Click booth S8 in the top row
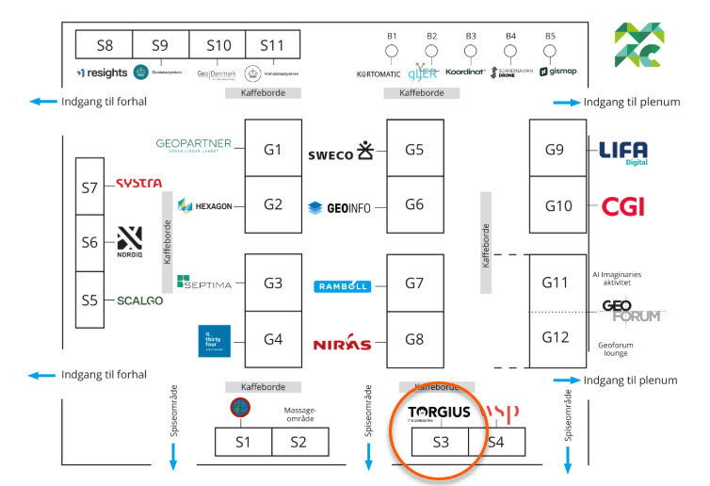(x=104, y=44)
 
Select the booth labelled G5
(x=414, y=149)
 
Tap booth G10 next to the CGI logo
(x=557, y=206)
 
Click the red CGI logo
(x=622, y=206)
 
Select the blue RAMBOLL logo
(x=342, y=286)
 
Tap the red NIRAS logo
(x=342, y=344)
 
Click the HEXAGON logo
(x=204, y=205)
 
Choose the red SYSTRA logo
(x=138, y=184)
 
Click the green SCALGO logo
(x=139, y=300)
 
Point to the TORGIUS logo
(x=439, y=413)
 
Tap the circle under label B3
(x=471, y=51)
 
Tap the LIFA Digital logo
(x=623, y=152)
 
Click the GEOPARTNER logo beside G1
(x=193, y=145)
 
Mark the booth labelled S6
(x=89, y=242)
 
